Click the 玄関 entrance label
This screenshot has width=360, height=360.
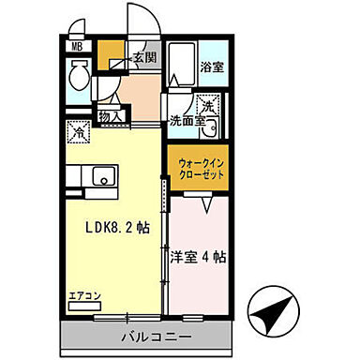(x=144, y=58)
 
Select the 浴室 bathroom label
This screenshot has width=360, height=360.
(x=212, y=67)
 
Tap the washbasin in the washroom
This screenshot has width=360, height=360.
(x=212, y=130)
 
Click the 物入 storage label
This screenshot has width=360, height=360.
(x=110, y=116)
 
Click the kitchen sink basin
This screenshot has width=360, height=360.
(x=100, y=174)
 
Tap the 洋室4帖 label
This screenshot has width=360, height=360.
(x=199, y=254)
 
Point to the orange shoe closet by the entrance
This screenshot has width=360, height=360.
(x=112, y=52)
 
